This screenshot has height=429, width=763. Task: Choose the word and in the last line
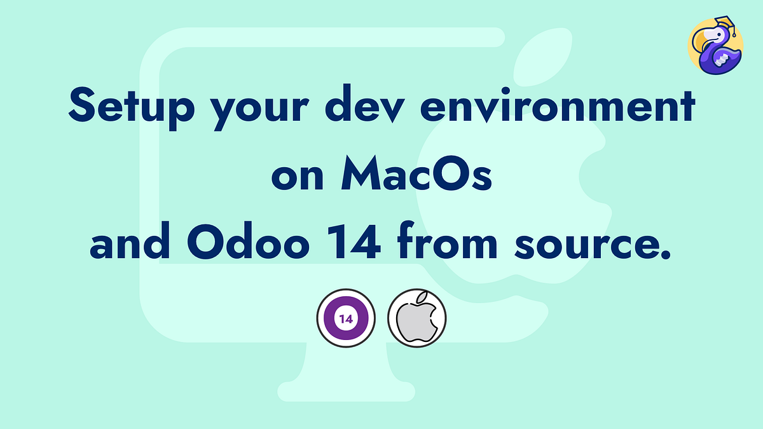point(130,245)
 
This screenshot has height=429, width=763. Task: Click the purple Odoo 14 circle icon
point(347,318)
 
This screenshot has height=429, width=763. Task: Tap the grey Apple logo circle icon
point(417,318)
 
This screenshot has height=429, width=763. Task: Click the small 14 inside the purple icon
point(347,318)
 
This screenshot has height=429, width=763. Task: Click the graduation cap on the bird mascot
point(724,25)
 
